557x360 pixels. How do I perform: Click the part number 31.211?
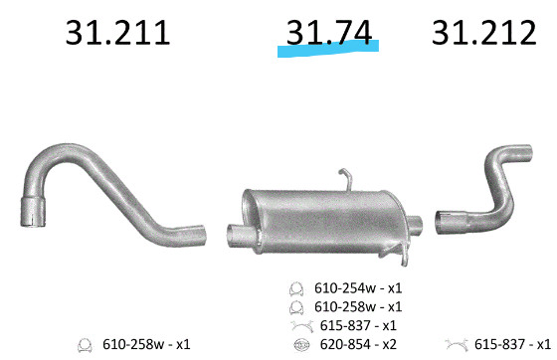click(118, 33)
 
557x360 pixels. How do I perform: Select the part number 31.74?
click(329, 33)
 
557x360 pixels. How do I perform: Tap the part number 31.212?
click(483, 33)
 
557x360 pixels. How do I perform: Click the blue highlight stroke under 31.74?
click(328, 49)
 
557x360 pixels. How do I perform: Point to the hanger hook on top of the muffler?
click(346, 179)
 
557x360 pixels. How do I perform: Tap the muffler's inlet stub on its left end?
click(240, 236)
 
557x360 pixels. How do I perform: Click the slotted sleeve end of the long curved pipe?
click(33, 211)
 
